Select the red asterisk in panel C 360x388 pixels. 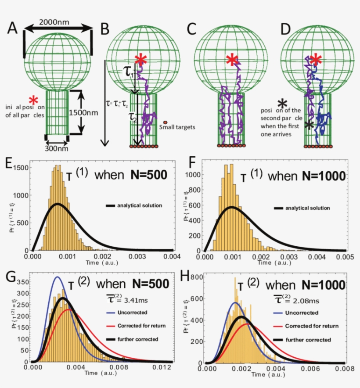tap(231, 61)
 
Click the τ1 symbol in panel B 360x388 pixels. tap(129, 73)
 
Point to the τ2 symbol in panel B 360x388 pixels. tap(128, 117)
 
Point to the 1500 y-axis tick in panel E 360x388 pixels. tap(22, 167)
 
